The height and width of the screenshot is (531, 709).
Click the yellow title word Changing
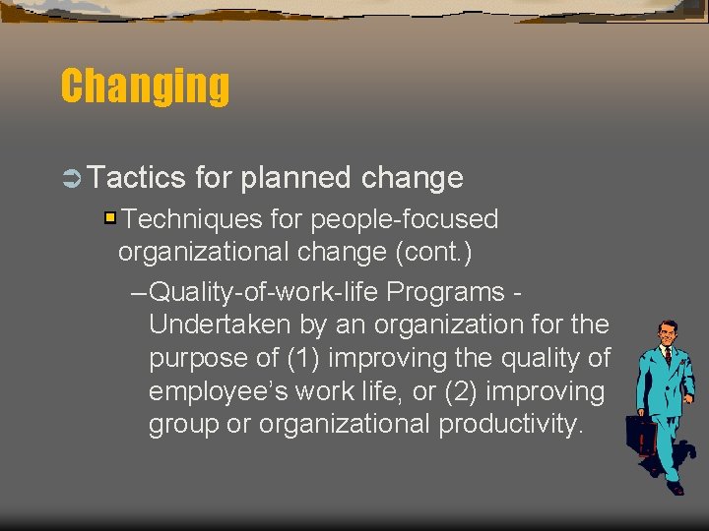coord(145,86)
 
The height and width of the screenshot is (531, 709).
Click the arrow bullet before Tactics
coord(72,178)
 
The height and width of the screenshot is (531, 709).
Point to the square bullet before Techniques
coord(111,217)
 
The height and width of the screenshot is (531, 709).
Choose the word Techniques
coord(183,218)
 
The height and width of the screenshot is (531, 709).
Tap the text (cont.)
coord(433,252)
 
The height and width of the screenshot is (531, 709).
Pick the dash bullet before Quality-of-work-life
coord(139,292)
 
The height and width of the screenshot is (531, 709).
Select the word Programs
coord(447,292)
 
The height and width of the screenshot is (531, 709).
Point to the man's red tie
coord(668,356)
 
